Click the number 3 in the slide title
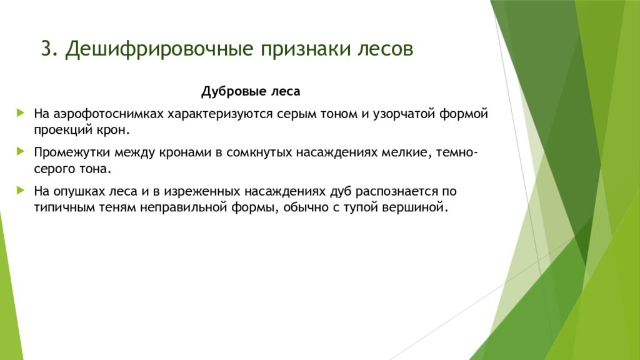[x=46, y=49]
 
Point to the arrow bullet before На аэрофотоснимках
[x=21, y=114]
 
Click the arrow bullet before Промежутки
[x=21, y=152]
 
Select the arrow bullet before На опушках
[x=21, y=190]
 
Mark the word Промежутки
[x=66, y=152]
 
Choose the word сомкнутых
[x=254, y=152]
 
